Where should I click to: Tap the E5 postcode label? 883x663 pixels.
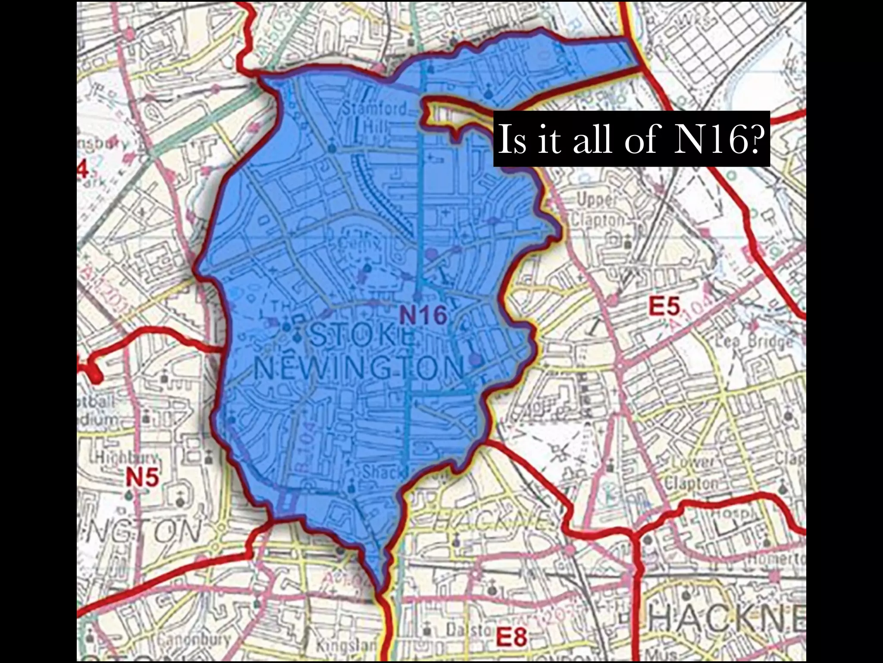coord(664,307)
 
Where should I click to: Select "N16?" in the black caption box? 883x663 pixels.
coord(716,139)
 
